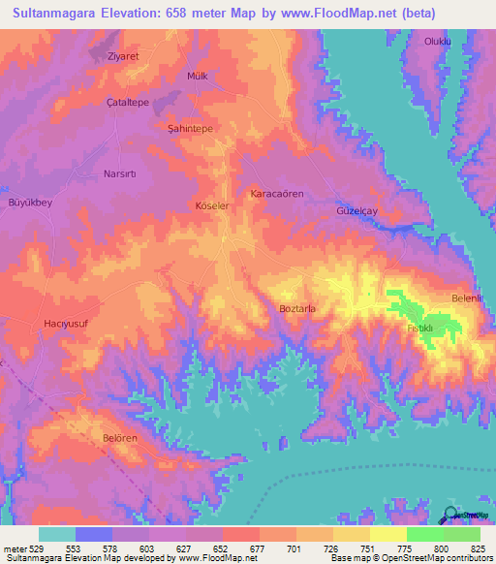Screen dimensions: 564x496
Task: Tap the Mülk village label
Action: click(x=198, y=76)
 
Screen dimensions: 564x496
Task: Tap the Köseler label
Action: click(x=213, y=206)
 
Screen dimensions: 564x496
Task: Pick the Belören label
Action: click(x=121, y=438)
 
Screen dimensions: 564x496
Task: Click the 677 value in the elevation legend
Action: click(x=256, y=549)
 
